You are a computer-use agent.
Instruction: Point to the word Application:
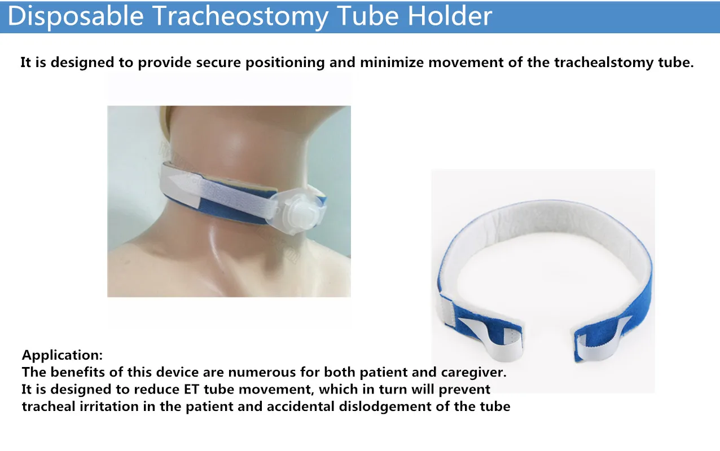[x=63, y=356]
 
